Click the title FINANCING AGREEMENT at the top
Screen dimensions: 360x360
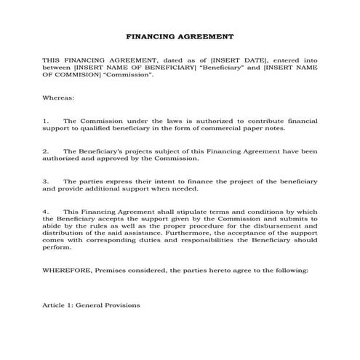[180, 35]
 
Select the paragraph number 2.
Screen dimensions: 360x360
[45, 151]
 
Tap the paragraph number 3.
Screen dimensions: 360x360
[45, 181]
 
